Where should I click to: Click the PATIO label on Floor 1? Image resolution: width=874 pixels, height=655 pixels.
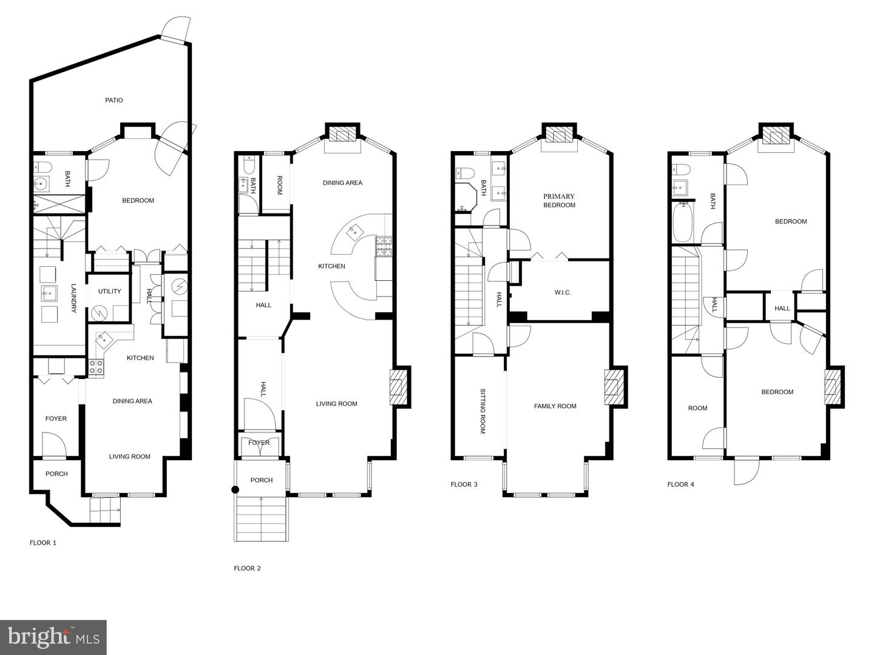113,100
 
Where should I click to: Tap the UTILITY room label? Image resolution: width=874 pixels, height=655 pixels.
110,291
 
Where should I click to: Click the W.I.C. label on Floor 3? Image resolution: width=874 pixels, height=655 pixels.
563,292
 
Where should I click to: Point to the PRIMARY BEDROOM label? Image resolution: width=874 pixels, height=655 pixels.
559,201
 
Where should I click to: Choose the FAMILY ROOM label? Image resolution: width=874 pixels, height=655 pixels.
555,406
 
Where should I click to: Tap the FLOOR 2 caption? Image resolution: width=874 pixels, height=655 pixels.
247,568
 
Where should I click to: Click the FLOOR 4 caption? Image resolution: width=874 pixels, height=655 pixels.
680,485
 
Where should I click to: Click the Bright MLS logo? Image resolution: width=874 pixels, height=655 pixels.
53,637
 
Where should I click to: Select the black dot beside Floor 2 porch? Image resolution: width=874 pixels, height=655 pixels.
235,489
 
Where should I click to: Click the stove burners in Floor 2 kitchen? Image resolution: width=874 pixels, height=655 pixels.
384,245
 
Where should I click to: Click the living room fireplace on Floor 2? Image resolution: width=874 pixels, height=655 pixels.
398,387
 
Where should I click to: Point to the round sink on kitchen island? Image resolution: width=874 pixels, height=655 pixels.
353,230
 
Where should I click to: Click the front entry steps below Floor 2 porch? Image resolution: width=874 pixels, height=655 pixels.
262,519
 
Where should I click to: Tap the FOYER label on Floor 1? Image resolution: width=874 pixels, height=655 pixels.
56,418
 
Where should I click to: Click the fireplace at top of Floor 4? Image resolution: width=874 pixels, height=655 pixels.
776,136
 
